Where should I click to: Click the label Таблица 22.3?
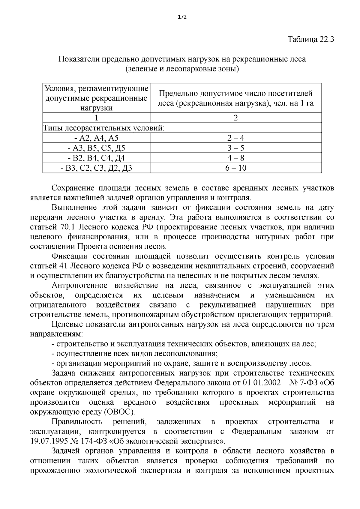[x=310, y=40]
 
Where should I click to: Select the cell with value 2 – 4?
[x=235, y=138]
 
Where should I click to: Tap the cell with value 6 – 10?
[x=235, y=168]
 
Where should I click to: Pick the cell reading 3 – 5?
[x=235, y=148]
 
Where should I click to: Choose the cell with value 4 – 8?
[x=235, y=158]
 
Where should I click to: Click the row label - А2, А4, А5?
[x=96, y=138]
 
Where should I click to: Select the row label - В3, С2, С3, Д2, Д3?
[x=96, y=168]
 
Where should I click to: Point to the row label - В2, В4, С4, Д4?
[x=96, y=158]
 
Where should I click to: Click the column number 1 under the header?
[x=96, y=118]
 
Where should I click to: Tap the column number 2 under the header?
[x=235, y=118]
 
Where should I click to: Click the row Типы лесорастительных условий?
[x=104, y=128]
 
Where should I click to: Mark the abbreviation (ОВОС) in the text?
[x=119, y=412]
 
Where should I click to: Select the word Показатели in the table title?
[x=78, y=59]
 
